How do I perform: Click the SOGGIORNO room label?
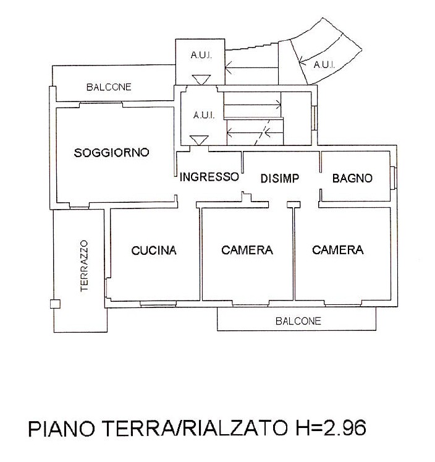pyautogui.click(x=112, y=153)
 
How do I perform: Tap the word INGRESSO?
pyautogui.click(x=209, y=177)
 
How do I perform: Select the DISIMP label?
pyautogui.click(x=280, y=178)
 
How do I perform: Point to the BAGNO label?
pyautogui.click(x=352, y=178)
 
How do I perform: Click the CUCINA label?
pyautogui.click(x=154, y=250)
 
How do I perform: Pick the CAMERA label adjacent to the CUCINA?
pyautogui.click(x=247, y=250)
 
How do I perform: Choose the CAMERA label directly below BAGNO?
pyautogui.click(x=338, y=250)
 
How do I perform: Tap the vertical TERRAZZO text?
pyautogui.click(x=84, y=266)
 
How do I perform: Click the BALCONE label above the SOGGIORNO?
pyautogui.click(x=109, y=87)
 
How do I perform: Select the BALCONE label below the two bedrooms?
pyautogui.click(x=298, y=321)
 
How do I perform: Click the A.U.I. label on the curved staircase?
pyautogui.click(x=324, y=64)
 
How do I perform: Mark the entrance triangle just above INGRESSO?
pyautogui.click(x=199, y=140)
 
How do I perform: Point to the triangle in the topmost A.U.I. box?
pyautogui.click(x=201, y=80)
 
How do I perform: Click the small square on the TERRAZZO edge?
pyautogui.click(x=55, y=304)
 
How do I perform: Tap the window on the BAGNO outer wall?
pyautogui.click(x=394, y=178)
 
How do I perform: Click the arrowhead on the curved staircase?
pyautogui.click(x=302, y=61)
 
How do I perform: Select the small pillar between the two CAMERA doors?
pyautogui.click(x=294, y=205)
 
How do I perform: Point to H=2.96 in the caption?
pyautogui.click(x=331, y=427)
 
